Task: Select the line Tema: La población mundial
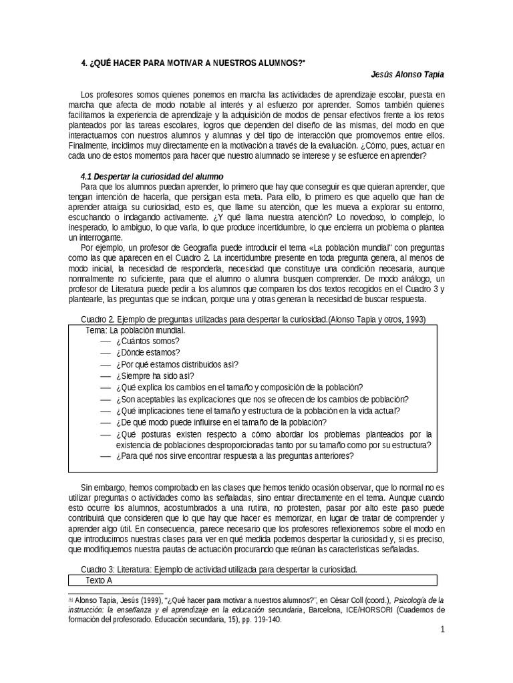click(136, 330)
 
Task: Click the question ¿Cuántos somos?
click(142, 341)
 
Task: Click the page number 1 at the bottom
click(442, 630)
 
